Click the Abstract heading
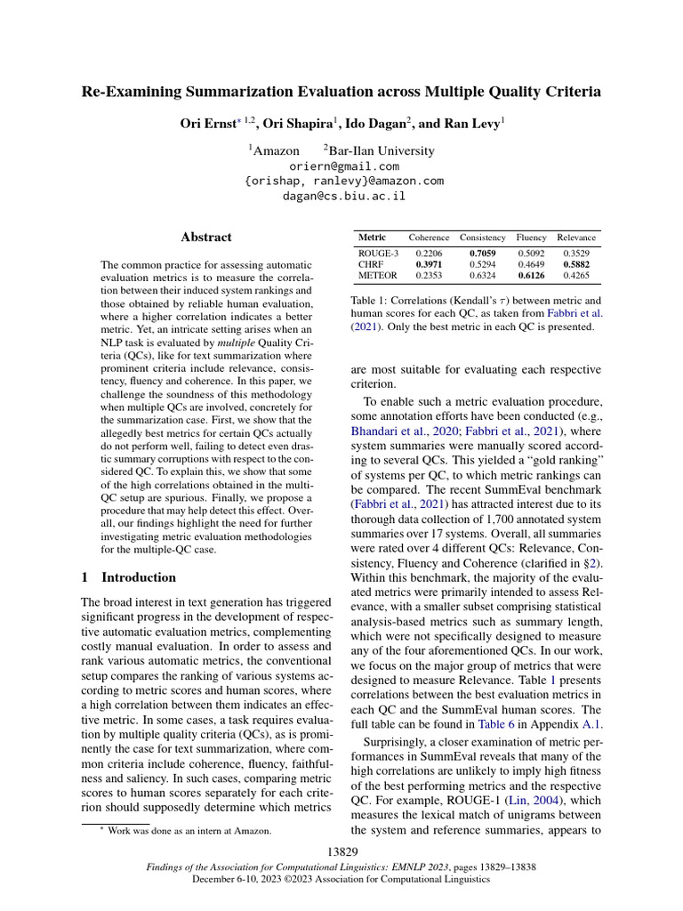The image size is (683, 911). (206, 238)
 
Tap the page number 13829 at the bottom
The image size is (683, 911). (341, 852)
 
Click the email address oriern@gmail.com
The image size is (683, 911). (344, 166)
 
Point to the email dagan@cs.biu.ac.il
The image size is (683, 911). (344, 196)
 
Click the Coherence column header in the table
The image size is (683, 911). (429, 238)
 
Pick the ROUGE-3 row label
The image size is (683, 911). (378, 254)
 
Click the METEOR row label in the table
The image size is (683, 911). (378, 275)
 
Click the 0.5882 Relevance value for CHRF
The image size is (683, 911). (576, 264)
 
